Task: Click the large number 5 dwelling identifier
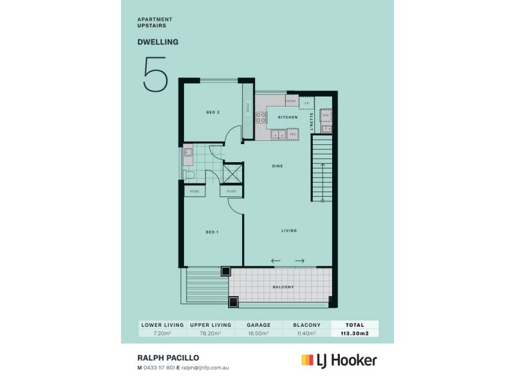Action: point(155,76)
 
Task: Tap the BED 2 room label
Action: point(213,113)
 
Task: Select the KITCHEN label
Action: point(287,118)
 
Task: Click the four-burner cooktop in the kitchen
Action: point(262,118)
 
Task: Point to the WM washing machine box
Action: point(326,115)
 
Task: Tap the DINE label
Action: point(277,166)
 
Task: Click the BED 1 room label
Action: point(212,232)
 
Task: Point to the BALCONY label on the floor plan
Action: point(283,287)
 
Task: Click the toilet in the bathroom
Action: point(189,174)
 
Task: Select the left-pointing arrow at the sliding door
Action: point(276,261)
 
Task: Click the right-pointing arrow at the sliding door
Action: point(299,261)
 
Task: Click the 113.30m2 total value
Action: point(354,334)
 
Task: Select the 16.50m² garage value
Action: point(259,334)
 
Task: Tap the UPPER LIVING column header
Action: point(211,326)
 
